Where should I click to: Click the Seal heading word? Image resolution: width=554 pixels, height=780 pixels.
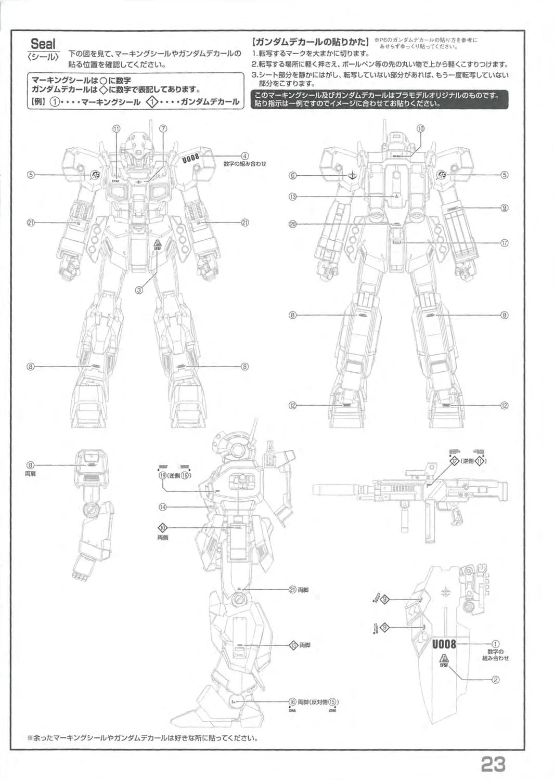pyautogui.click(x=43, y=44)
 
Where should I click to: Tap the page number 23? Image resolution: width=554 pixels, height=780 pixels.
pyautogui.click(x=493, y=764)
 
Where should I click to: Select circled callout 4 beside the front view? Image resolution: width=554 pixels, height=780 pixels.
pyautogui.click(x=244, y=155)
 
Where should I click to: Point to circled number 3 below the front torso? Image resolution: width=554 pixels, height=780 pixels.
pyautogui.click(x=139, y=290)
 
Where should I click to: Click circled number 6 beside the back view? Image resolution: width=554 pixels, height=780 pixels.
pyautogui.click(x=293, y=175)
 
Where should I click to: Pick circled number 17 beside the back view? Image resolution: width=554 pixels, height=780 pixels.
pyautogui.click(x=504, y=243)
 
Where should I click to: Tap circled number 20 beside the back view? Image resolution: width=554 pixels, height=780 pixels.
pyautogui.click(x=292, y=224)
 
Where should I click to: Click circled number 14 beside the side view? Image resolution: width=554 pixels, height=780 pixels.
pyautogui.click(x=163, y=507)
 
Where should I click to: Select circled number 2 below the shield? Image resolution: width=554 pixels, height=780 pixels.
pyautogui.click(x=496, y=679)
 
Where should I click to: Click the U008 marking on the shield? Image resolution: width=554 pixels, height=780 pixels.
pyautogui.click(x=444, y=644)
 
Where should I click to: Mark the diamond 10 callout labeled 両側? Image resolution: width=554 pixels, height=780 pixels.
pyautogui.click(x=163, y=528)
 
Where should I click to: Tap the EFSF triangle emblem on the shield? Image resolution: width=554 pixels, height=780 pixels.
pyautogui.click(x=444, y=661)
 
